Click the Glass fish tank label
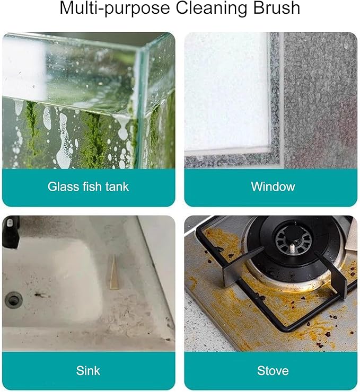(88, 186)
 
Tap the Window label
(273, 186)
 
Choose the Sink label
(88, 370)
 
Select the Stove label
(273, 370)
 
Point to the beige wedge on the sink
(114, 272)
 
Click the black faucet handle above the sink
(11, 231)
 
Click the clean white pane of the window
(225, 90)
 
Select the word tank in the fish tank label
(117, 186)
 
